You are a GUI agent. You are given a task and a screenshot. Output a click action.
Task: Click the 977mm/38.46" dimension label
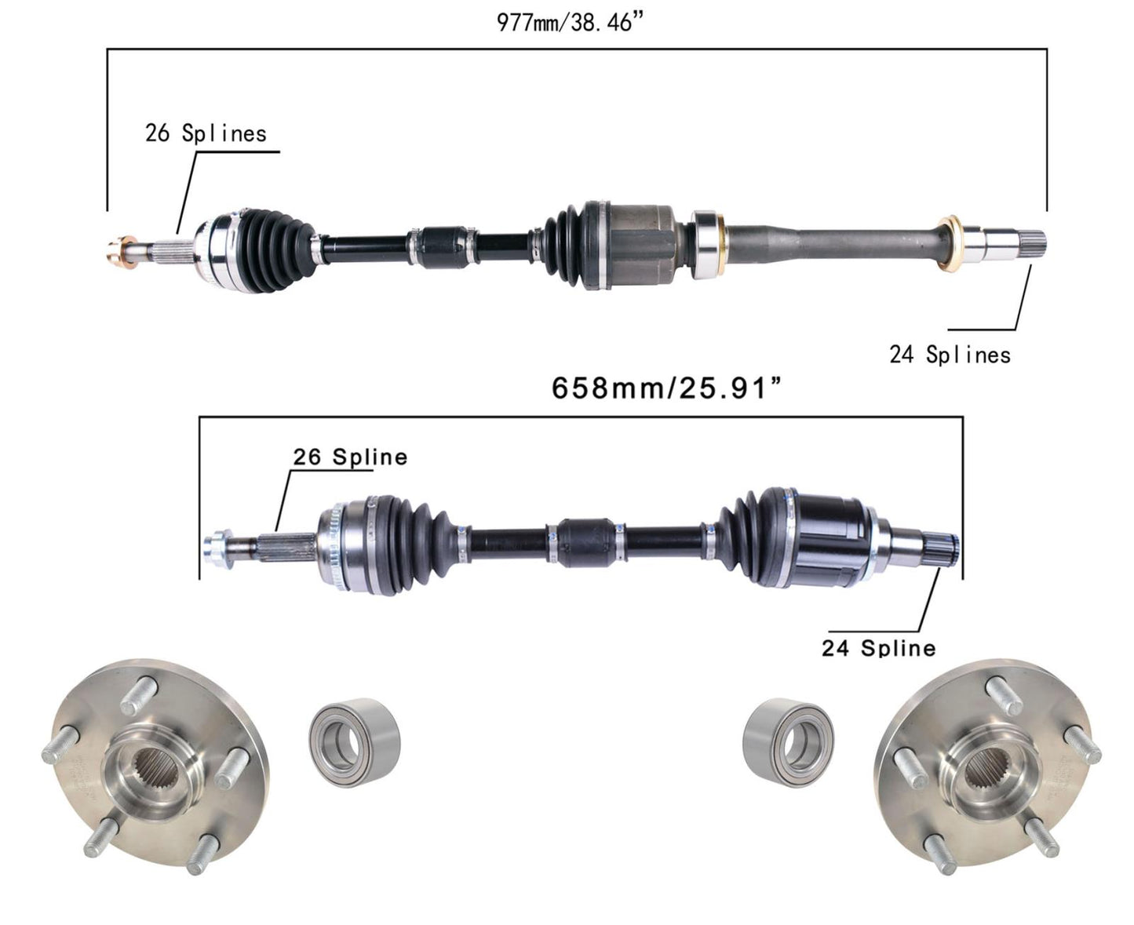click(569, 23)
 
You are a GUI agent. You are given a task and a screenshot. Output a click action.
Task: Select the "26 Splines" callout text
click(206, 133)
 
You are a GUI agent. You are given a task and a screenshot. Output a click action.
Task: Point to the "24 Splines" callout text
click(950, 355)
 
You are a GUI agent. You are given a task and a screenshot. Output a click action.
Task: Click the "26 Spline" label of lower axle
click(350, 457)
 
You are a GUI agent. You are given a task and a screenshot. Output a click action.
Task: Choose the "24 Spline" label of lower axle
click(879, 648)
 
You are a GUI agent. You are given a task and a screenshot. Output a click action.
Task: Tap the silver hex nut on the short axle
click(217, 548)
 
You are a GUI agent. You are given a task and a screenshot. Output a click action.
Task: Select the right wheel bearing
click(788, 742)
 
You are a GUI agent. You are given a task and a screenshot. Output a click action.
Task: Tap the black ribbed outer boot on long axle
click(274, 250)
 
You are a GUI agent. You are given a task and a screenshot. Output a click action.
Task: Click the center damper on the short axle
click(585, 543)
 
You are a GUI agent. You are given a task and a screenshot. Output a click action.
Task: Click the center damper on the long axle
click(443, 246)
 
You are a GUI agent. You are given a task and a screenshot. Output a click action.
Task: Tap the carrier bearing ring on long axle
click(706, 245)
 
